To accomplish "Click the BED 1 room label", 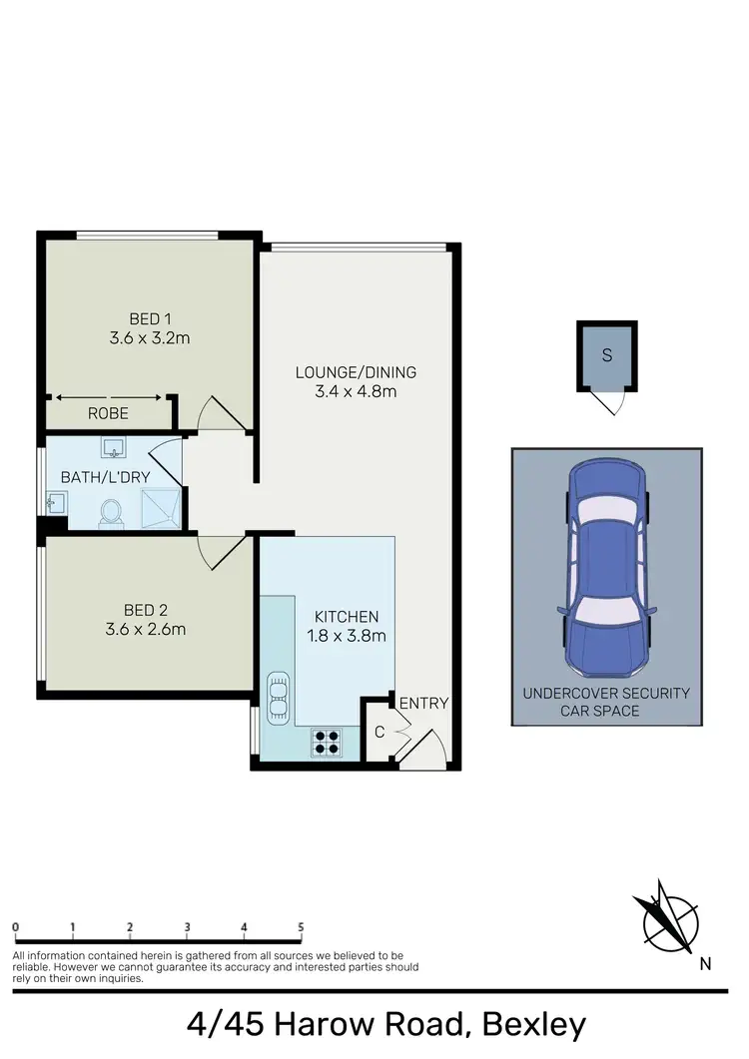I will pyautogui.click(x=150, y=318).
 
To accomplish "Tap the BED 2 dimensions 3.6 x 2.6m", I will pyautogui.click(x=146, y=629).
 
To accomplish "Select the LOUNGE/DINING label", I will pyautogui.click(x=355, y=372).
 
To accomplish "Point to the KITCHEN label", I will pyautogui.click(x=346, y=617).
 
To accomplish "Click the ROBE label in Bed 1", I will pyautogui.click(x=108, y=412).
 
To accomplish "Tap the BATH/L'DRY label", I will pyautogui.click(x=105, y=477).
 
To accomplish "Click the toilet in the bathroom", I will pyautogui.click(x=111, y=512).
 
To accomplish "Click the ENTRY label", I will pyautogui.click(x=423, y=703).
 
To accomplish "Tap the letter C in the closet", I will pyautogui.click(x=379, y=733).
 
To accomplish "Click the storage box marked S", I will pyautogui.click(x=606, y=356).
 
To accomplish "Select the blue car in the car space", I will pyautogui.click(x=606, y=566).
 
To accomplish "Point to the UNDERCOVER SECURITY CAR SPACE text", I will pyautogui.click(x=606, y=702).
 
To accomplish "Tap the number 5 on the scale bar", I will pyautogui.click(x=301, y=927).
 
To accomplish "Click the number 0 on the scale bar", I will pyautogui.click(x=16, y=927).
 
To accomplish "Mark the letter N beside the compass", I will pyautogui.click(x=705, y=963).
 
